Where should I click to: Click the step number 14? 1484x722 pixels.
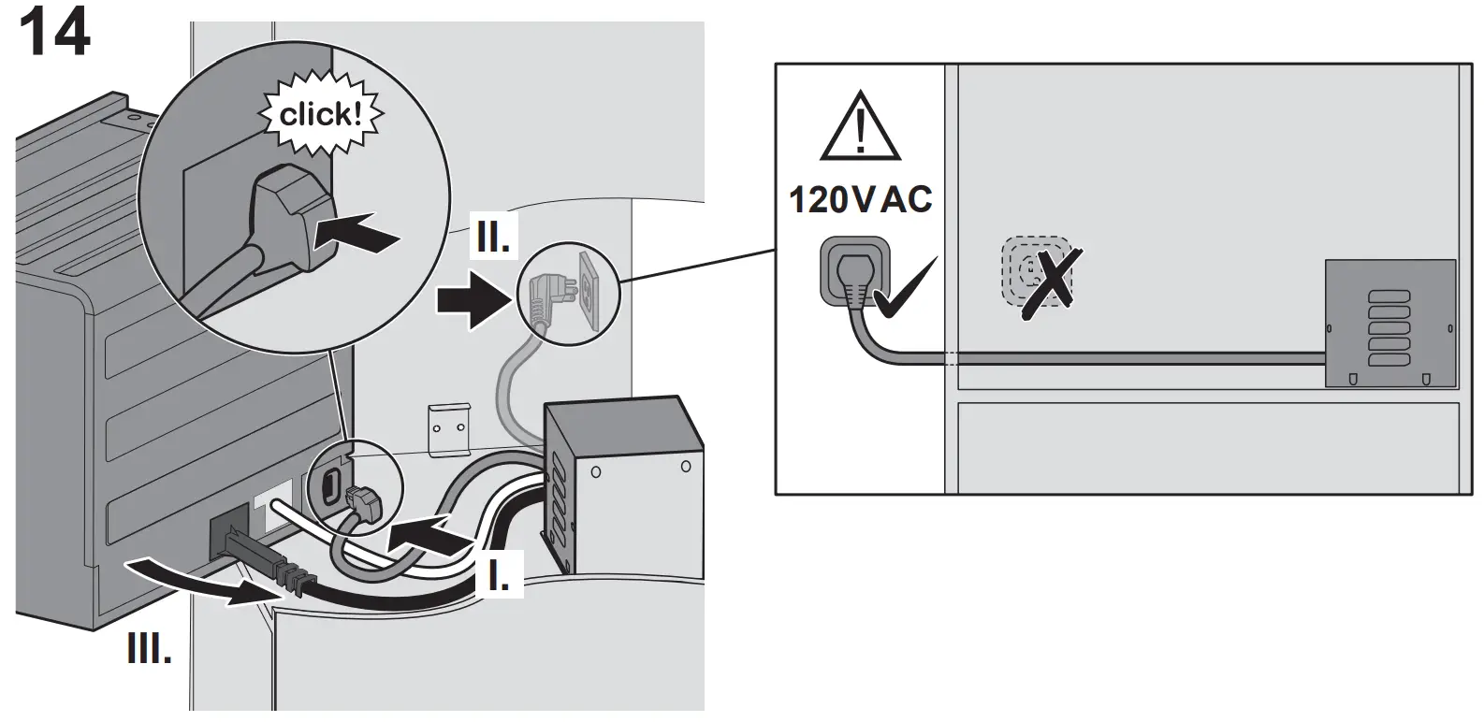pyautogui.click(x=54, y=34)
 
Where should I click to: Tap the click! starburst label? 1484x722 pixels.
pyautogui.click(x=320, y=116)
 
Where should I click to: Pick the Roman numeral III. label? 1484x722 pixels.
pyautogui.click(x=150, y=648)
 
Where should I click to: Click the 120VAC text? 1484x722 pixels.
pyautogui.click(x=860, y=199)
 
